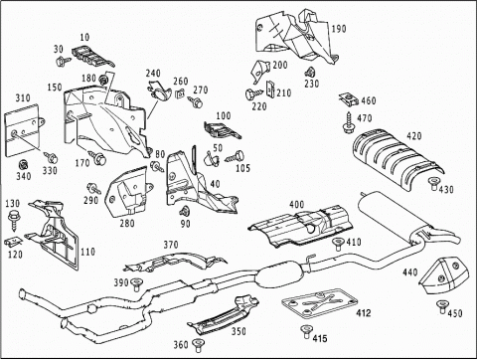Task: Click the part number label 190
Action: coord(339,29)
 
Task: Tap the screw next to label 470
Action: coord(348,122)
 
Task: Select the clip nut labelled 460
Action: coord(347,99)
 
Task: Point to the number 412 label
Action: coord(364,312)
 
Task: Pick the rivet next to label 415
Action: coord(305,332)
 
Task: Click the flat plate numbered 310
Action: coord(23,130)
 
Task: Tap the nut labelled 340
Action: coord(23,164)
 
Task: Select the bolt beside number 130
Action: coord(14,220)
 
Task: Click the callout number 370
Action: coord(171,245)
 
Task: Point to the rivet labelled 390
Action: coord(136,284)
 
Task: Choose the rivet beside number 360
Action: coord(198,345)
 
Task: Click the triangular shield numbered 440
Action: coord(444,274)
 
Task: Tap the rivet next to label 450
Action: coord(441,307)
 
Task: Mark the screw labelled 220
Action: coord(255,93)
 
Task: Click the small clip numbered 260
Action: coord(180,93)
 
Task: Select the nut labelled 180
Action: coord(103,80)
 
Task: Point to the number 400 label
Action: coord(296,204)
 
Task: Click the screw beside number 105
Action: coord(235,156)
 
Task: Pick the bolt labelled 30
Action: coord(63,61)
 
